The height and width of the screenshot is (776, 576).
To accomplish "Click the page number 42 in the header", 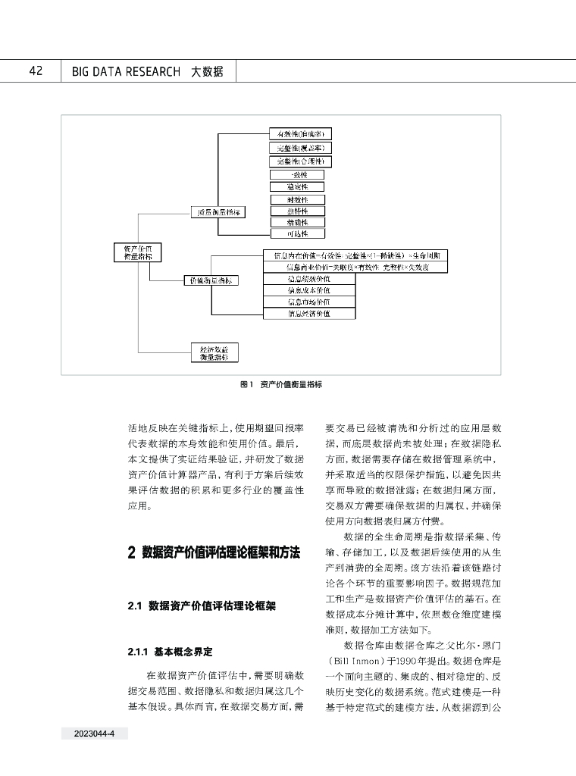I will [35, 71].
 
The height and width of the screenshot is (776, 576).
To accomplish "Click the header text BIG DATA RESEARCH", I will [126, 72].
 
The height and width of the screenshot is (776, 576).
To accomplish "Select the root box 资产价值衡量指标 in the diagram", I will [133, 252].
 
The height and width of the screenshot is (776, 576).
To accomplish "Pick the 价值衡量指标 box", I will [211, 280].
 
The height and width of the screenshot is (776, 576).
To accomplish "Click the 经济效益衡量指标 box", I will [214, 352].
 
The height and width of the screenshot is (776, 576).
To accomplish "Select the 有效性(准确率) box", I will [300, 134].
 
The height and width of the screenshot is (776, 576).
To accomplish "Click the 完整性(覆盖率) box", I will [300, 148].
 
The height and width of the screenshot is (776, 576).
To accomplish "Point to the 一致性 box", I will [297, 174].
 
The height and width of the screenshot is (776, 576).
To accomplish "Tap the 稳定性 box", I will [297, 186].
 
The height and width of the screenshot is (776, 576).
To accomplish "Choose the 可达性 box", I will [297, 234].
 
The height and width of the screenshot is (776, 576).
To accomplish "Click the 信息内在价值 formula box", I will [355, 255].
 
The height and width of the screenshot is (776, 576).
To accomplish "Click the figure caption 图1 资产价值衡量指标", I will [281, 385].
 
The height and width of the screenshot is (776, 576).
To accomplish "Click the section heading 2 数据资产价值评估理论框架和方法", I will [215, 553].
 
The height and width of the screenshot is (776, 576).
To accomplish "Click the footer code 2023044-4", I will [94, 734].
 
